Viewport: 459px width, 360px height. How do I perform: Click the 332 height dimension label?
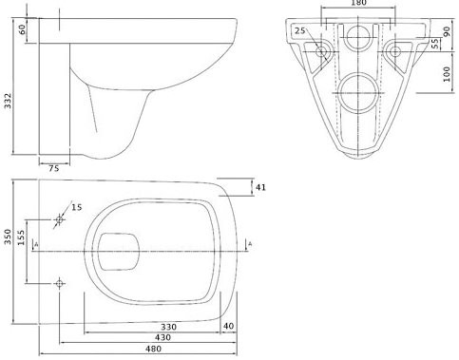point(8,101)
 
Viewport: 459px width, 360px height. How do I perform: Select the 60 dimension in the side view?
point(22,29)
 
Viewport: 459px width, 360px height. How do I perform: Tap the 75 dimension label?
point(54,168)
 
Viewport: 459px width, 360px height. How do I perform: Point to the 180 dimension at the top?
point(358,3)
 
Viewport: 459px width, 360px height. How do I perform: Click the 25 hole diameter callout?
point(300,30)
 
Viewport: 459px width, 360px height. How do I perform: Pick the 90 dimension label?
point(447,31)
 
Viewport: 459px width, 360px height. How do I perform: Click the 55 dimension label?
point(436,44)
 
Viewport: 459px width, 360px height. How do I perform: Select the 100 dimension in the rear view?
point(447,74)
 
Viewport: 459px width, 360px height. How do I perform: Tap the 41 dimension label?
point(260,187)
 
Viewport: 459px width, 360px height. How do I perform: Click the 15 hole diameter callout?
point(76,207)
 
